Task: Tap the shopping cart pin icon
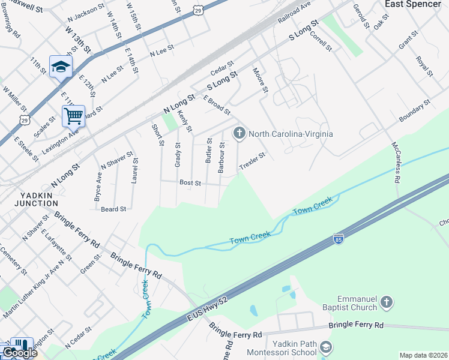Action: tap(73, 115)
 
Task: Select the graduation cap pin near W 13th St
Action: tap(61, 66)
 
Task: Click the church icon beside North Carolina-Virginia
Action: tap(240, 133)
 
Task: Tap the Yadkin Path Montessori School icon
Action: tap(326, 347)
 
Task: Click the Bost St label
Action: tap(190, 182)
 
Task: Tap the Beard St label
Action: tap(113, 209)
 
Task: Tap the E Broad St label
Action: tap(217, 104)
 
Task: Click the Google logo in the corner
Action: tap(19, 353)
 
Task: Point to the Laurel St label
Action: tap(135, 170)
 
